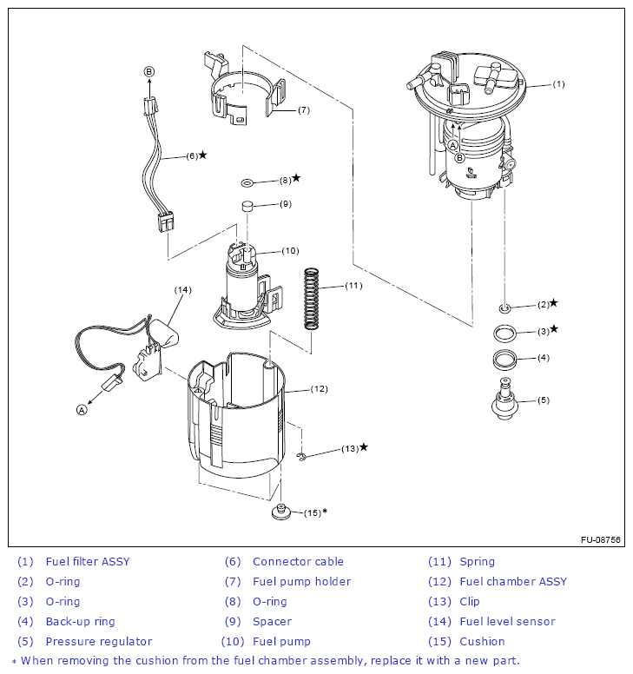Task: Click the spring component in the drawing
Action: click(312, 298)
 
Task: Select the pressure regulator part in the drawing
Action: click(504, 401)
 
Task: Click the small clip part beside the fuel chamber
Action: click(302, 457)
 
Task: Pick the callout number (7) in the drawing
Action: click(303, 110)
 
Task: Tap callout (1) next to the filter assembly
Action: click(558, 84)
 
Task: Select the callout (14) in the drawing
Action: click(181, 289)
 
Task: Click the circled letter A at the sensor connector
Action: click(82, 410)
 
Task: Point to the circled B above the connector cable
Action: click(149, 71)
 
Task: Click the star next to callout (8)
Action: click(296, 178)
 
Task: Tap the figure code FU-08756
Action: click(601, 539)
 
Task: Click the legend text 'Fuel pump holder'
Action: click(301, 582)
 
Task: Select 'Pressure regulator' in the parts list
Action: click(99, 642)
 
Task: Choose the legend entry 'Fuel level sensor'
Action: click(507, 622)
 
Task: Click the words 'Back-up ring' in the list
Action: click(80, 622)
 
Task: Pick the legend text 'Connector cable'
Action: click(298, 562)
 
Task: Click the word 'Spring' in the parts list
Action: click(477, 562)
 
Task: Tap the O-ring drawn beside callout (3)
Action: click(504, 332)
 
